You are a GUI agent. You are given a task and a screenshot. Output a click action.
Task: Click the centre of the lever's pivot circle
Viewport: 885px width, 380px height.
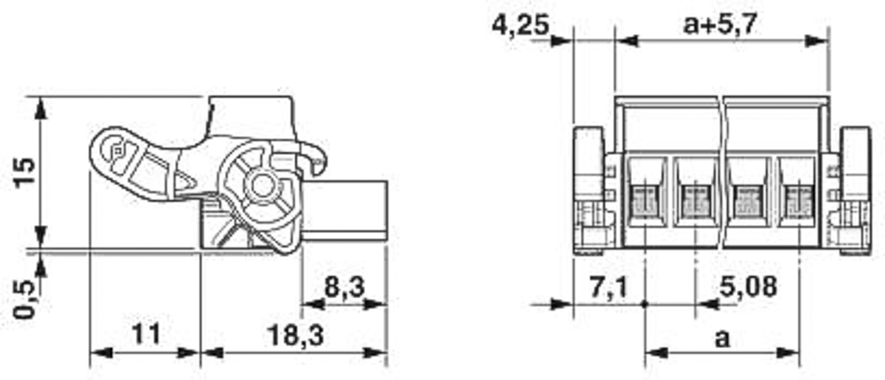(263, 186)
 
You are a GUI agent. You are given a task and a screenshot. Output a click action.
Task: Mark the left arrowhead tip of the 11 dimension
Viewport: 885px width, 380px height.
(91, 353)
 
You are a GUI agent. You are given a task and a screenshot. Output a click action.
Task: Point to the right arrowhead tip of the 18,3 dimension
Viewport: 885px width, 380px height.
(386, 353)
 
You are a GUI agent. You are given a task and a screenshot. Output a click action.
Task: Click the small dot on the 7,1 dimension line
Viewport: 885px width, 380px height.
(645, 305)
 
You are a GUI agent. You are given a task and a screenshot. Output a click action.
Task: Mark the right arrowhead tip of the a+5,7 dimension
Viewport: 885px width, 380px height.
(828, 41)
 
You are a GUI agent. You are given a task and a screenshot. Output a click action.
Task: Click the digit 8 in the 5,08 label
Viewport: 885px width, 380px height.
(767, 287)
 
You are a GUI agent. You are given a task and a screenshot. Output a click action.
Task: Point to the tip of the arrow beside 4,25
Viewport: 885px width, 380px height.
(573, 41)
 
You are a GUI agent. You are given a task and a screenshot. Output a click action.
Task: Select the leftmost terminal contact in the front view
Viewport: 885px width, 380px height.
(645, 201)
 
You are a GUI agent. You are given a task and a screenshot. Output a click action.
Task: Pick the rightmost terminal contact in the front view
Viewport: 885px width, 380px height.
(799, 201)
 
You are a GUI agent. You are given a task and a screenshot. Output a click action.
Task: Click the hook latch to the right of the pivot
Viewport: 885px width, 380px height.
(314, 157)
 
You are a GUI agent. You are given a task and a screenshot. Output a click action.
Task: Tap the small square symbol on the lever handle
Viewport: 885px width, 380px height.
(118, 151)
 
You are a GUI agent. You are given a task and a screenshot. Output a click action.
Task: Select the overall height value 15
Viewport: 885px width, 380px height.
(24, 172)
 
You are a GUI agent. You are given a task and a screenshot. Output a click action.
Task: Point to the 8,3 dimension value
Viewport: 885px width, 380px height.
(344, 287)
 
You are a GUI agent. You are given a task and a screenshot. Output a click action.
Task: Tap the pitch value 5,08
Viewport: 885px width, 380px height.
(748, 287)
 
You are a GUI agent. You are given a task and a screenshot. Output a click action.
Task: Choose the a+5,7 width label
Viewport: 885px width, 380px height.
(721, 24)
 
